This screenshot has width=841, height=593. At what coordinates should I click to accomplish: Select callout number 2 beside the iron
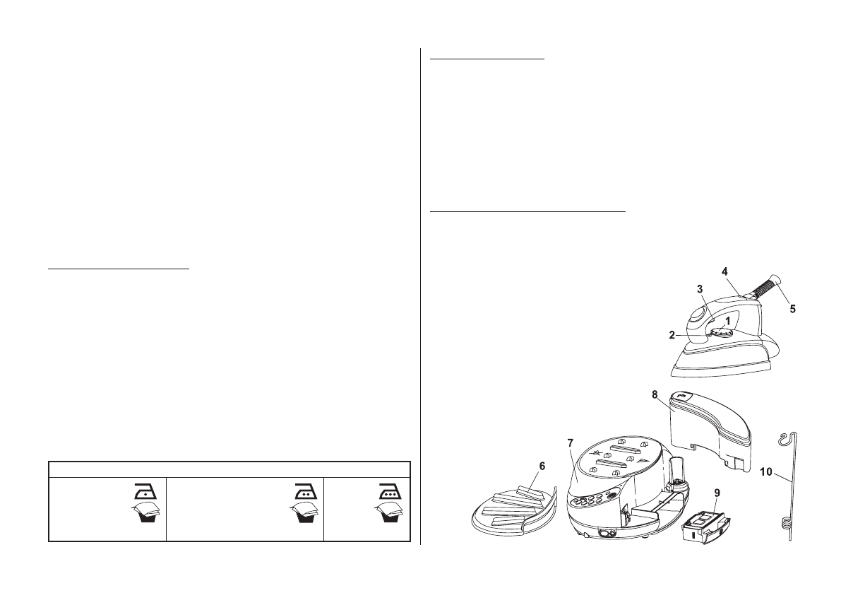tap(674, 334)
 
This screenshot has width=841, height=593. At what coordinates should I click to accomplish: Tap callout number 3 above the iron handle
tap(700, 289)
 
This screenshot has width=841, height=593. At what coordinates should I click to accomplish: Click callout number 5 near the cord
tap(792, 309)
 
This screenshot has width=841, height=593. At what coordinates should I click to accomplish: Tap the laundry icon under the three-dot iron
tap(389, 518)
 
